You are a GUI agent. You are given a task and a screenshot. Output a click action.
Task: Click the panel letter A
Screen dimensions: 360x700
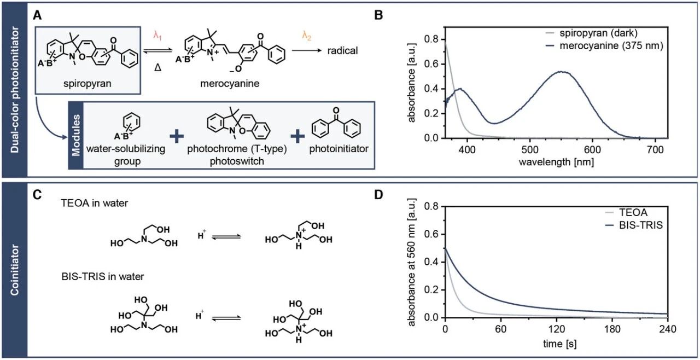(37, 15)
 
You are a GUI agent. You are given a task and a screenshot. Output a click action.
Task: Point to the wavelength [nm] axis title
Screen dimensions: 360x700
(556, 162)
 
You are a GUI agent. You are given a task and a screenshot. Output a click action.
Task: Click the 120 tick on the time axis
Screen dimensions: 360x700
(556, 329)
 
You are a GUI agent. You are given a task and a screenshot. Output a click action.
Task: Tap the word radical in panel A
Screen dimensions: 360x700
(342, 50)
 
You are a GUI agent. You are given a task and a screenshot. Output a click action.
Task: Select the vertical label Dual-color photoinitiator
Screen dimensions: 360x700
(14, 89)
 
